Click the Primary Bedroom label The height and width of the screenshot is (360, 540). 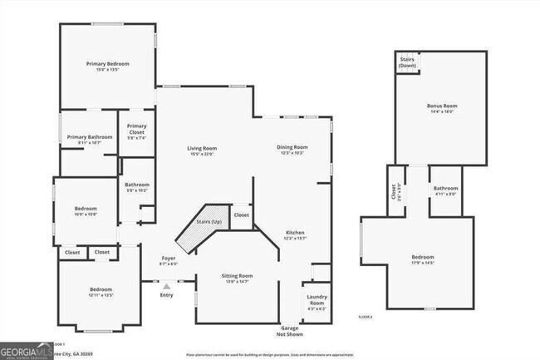point(108,64)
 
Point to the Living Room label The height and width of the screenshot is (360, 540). point(202,149)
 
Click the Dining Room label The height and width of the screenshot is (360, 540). point(292,148)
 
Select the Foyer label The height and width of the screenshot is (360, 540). point(168,259)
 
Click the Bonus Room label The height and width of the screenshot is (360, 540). point(442,106)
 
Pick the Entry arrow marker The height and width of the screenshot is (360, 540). point(166,286)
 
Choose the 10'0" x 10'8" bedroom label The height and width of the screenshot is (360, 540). point(86,210)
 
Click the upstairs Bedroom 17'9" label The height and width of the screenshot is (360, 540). point(422,259)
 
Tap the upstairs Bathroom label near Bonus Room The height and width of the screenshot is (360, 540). point(445,190)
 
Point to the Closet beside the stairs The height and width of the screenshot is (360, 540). point(241,215)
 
